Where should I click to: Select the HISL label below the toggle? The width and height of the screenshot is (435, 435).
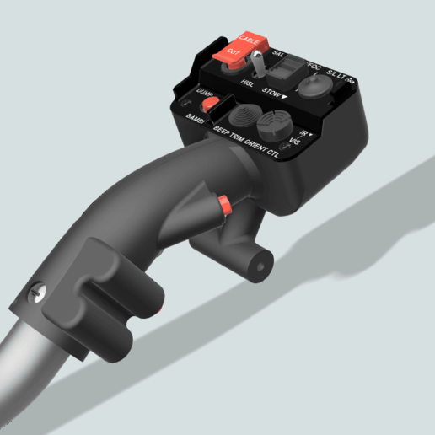[x=248, y=83]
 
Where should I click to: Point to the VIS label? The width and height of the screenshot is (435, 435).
[x=295, y=139]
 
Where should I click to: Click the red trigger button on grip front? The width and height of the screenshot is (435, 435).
[x=225, y=205]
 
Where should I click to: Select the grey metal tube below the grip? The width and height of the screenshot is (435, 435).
[x=25, y=371]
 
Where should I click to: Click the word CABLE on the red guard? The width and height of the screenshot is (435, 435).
[x=250, y=40]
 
